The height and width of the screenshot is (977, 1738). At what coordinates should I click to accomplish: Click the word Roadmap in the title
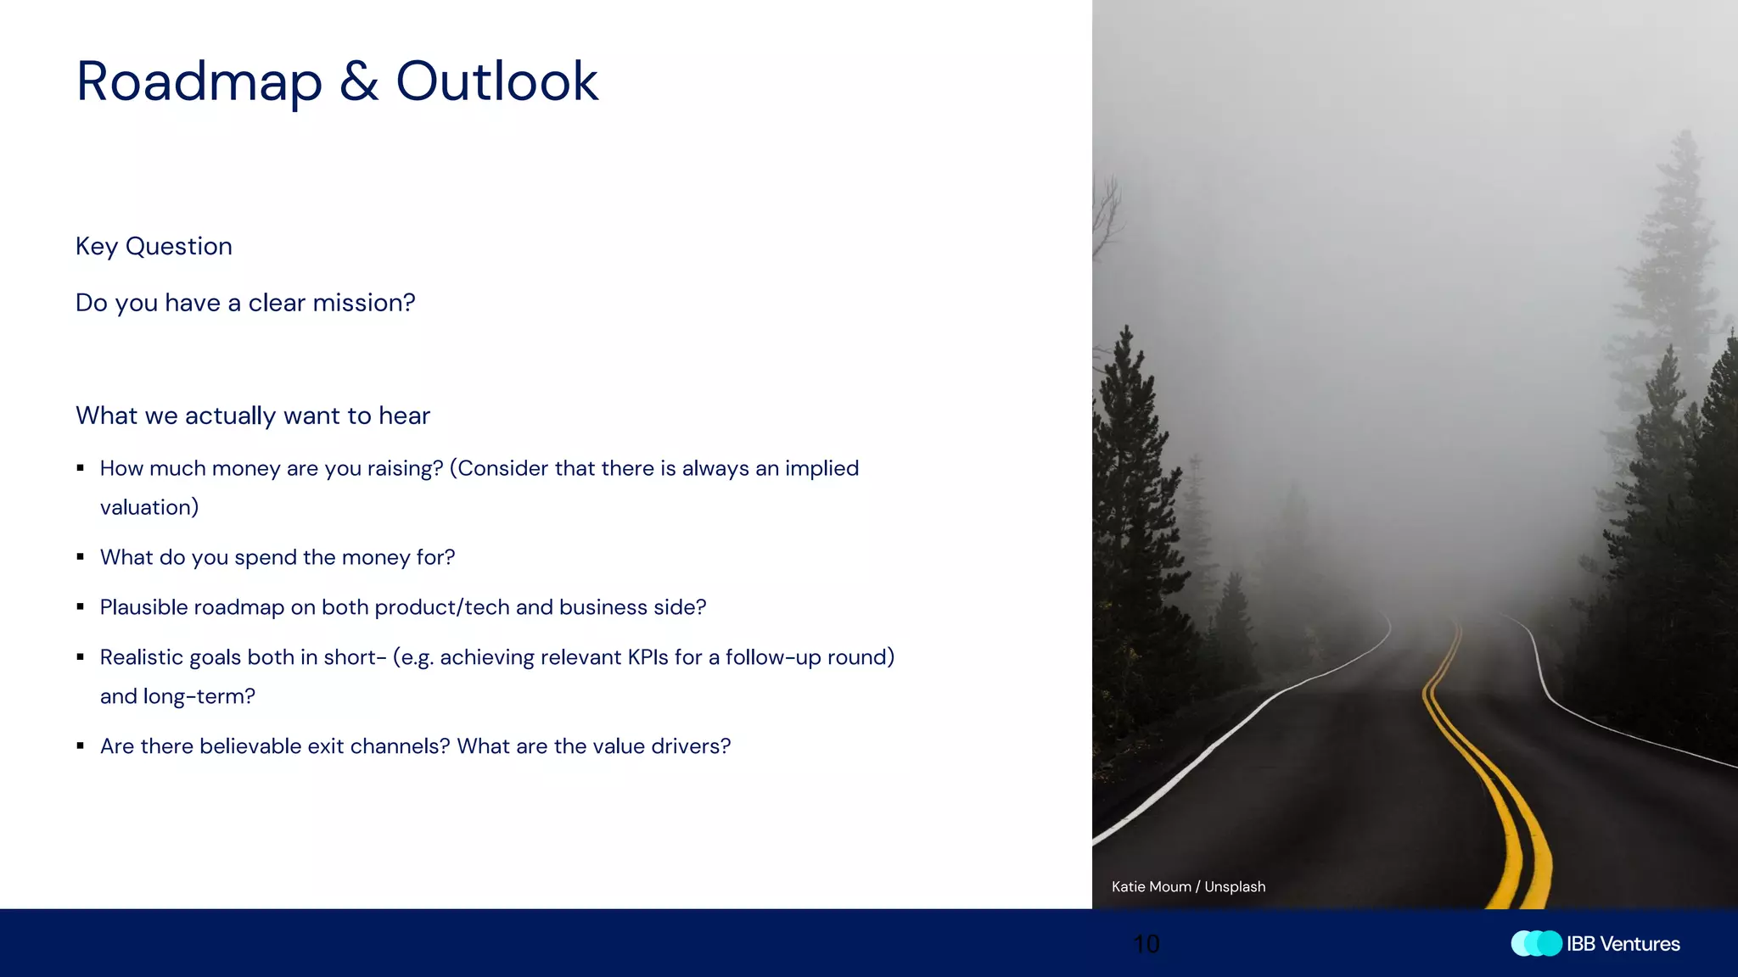tap(199, 82)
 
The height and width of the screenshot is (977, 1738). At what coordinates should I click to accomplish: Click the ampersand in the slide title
tap(359, 82)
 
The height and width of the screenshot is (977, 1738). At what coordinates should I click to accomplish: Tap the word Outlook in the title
tap(496, 82)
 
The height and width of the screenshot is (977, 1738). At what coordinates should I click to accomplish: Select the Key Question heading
tap(154, 246)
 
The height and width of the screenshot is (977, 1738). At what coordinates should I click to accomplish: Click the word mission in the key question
tap(358, 303)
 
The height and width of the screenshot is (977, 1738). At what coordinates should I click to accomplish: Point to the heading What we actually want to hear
tap(252, 416)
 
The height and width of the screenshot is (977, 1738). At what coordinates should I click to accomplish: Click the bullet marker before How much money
tap(81, 468)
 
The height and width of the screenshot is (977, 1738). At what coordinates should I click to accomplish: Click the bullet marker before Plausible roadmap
tap(81, 607)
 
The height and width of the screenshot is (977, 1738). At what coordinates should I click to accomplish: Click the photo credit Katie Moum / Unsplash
tap(1188, 886)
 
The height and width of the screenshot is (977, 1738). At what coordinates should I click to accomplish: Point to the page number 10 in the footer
tap(1147, 944)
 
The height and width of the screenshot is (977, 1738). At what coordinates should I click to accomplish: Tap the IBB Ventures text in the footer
tap(1623, 944)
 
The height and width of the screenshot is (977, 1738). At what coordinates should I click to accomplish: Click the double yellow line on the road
tap(1481, 763)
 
